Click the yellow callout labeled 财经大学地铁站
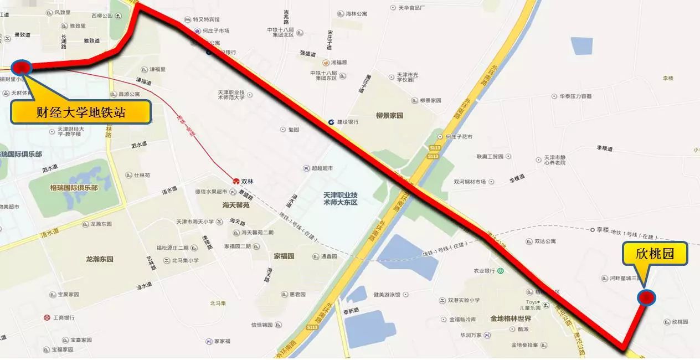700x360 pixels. [81, 112]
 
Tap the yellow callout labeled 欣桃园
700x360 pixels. [655, 255]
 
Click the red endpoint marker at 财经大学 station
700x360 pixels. [21, 68]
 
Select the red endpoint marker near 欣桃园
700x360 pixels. [646, 298]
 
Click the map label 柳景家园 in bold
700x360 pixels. [389, 116]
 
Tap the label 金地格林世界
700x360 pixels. [510, 318]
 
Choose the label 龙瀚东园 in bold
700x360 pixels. [99, 259]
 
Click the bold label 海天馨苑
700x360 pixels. [236, 205]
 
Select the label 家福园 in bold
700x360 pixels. [284, 256]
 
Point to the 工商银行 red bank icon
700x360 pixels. [47, 317]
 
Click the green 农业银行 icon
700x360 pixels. [501, 271]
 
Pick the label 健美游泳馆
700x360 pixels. [394, 295]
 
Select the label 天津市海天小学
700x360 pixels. [194, 222]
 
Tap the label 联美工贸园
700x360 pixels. [490, 156]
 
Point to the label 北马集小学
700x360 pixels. [185, 260]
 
